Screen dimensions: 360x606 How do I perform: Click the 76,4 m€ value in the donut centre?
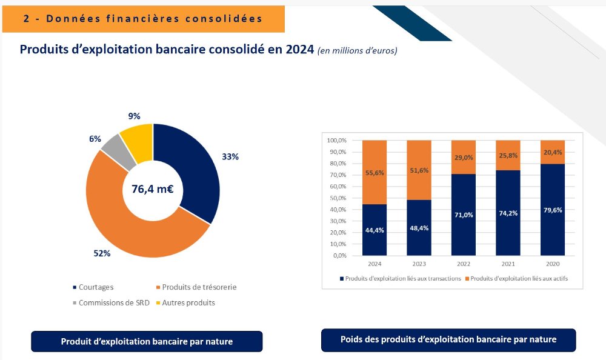tap(153, 189)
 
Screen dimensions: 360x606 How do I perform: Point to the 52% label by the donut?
tap(102, 253)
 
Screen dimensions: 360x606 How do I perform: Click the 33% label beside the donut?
tap(230, 156)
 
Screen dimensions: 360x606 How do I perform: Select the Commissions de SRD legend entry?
tap(110, 302)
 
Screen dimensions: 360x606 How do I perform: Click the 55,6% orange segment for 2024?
tap(374, 172)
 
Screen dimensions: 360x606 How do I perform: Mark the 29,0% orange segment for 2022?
tap(464, 157)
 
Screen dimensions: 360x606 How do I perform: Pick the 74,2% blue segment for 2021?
tap(508, 213)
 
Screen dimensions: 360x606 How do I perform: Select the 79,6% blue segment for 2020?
tap(553, 210)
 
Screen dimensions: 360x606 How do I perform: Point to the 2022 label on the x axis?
tap(464, 264)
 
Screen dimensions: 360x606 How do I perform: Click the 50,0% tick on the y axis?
tap(336, 198)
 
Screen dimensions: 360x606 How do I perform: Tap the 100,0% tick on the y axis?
tap(336, 140)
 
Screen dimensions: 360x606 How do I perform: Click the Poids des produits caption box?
tap(448, 339)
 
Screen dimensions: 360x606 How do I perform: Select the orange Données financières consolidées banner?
tap(143, 19)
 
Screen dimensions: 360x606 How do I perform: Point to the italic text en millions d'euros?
tap(357, 50)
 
